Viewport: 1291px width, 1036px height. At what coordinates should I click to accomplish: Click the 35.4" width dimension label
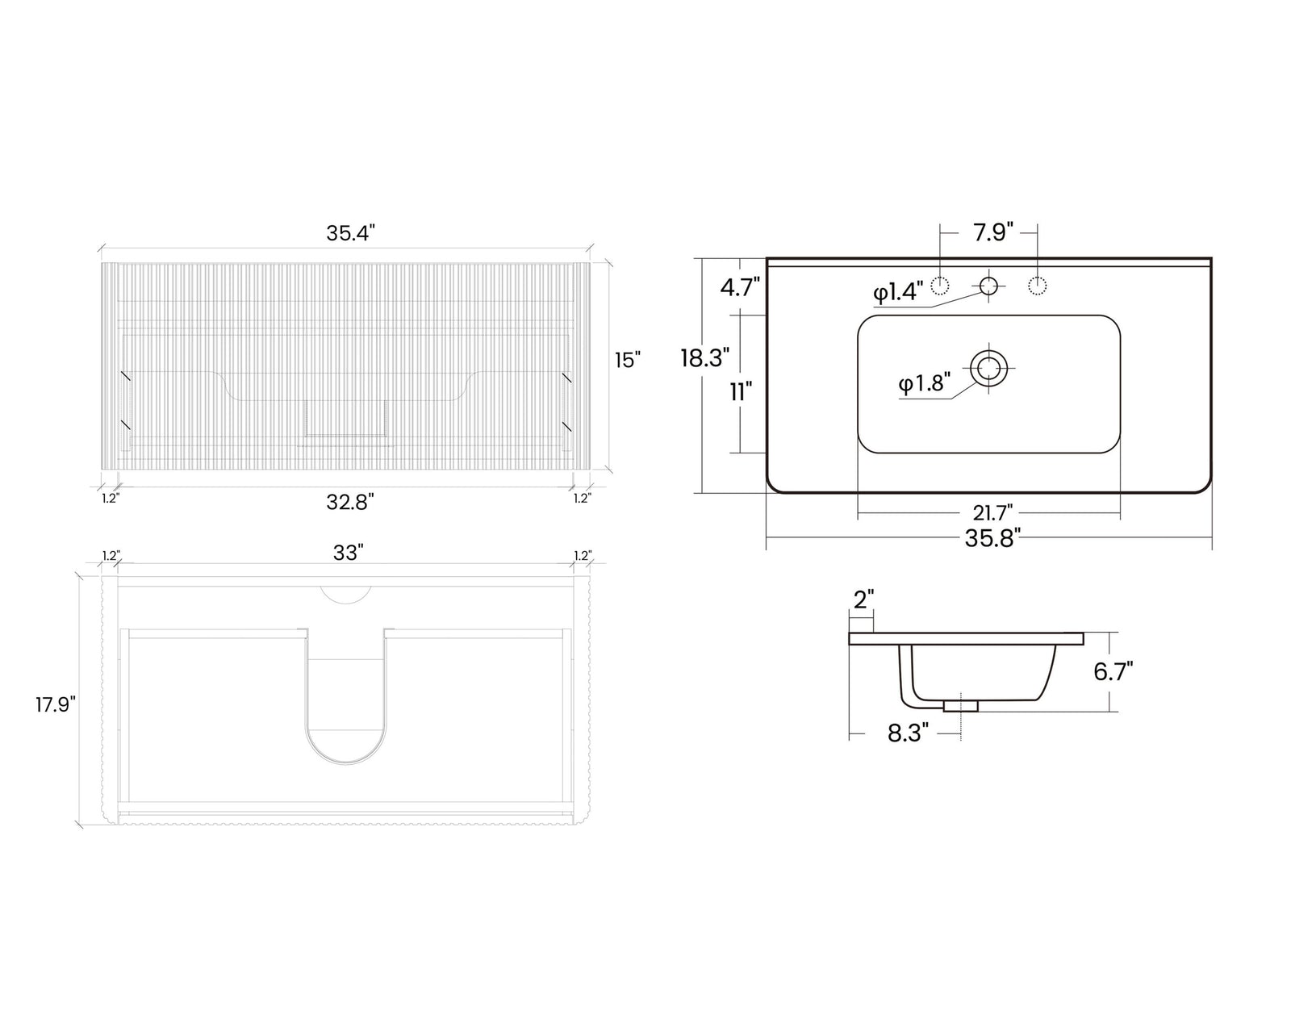pyautogui.click(x=350, y=232)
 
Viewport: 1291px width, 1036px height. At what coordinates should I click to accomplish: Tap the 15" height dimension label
pyautogui.click(x=628, y=360)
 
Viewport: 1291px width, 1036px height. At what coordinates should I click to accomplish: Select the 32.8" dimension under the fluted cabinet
pyautogui.click(x=350, y=502)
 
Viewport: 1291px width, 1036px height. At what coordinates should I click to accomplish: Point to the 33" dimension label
pyautogui.click(x=349, y=553)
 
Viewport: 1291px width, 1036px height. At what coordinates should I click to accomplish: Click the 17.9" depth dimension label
pyautogui.click(x=56, y=704)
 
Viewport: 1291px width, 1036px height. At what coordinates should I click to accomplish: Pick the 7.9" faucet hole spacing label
pyautogui.click(x=993, y=232)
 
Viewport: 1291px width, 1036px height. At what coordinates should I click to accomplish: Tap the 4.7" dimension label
pyautogui.click(x=740, y=287)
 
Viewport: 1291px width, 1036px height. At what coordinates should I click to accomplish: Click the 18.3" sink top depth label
pyautogui.click(x=705, y=358)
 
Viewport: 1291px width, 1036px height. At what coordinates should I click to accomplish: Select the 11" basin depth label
pyautogui.click(x=741, y=392)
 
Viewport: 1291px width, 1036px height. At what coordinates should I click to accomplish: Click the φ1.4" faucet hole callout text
pyautogui.click(x=898, y=292)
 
